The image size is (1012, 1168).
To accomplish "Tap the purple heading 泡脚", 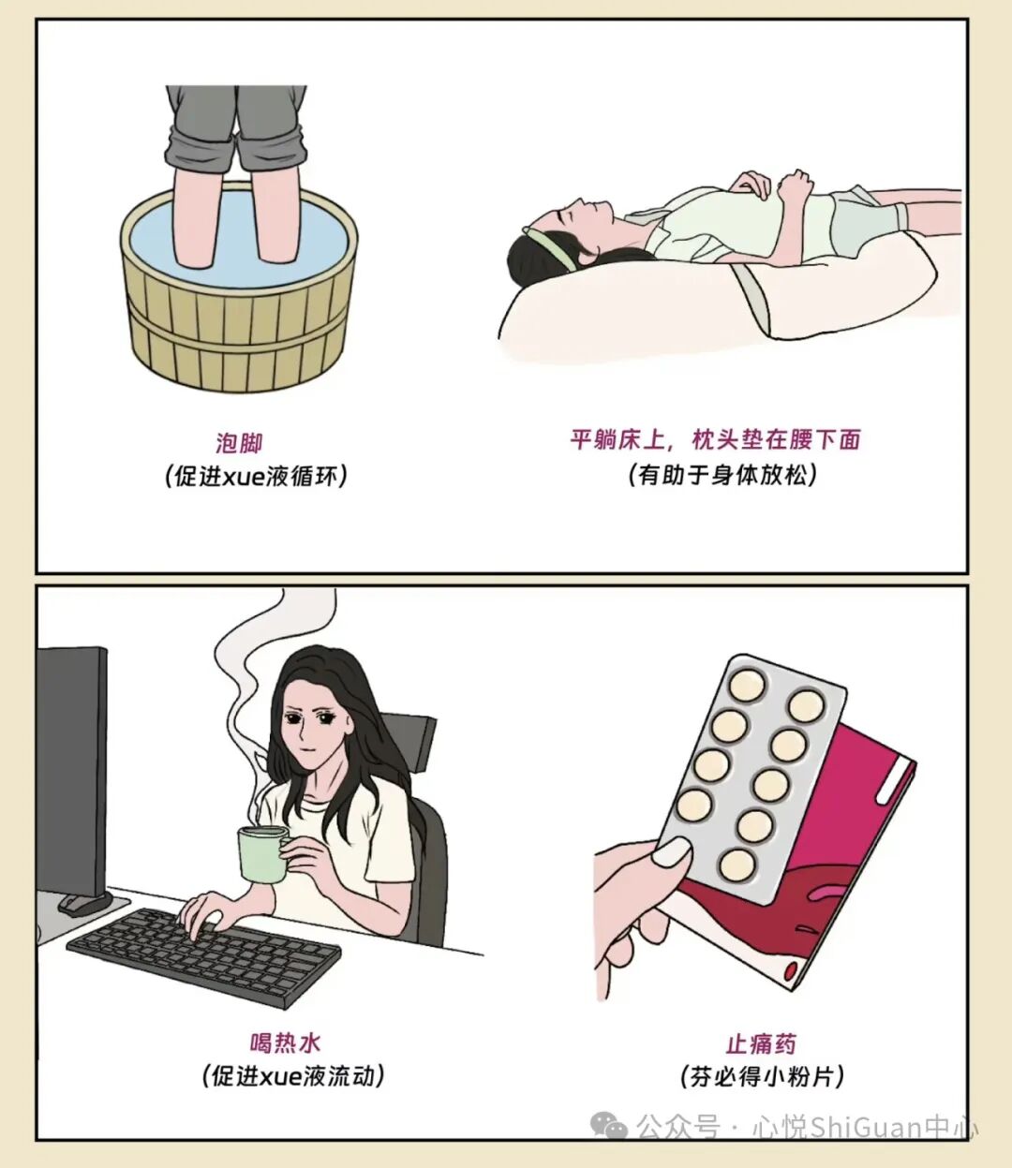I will click(x=240, y=442).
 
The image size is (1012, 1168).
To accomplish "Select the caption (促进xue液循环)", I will click(x=256, y=476).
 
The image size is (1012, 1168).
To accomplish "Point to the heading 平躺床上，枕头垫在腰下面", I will click(x=715, y=439).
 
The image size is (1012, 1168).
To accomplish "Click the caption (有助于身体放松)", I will click(x=722, y=474).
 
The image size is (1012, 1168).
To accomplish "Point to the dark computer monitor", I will click(x=71, y=768).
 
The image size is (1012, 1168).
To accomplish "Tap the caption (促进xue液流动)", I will click(x=293, y=1075).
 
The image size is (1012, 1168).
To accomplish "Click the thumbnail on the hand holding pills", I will click(x=671, y=851).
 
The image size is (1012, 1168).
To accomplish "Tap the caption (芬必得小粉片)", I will click(x=762, y=1076).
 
